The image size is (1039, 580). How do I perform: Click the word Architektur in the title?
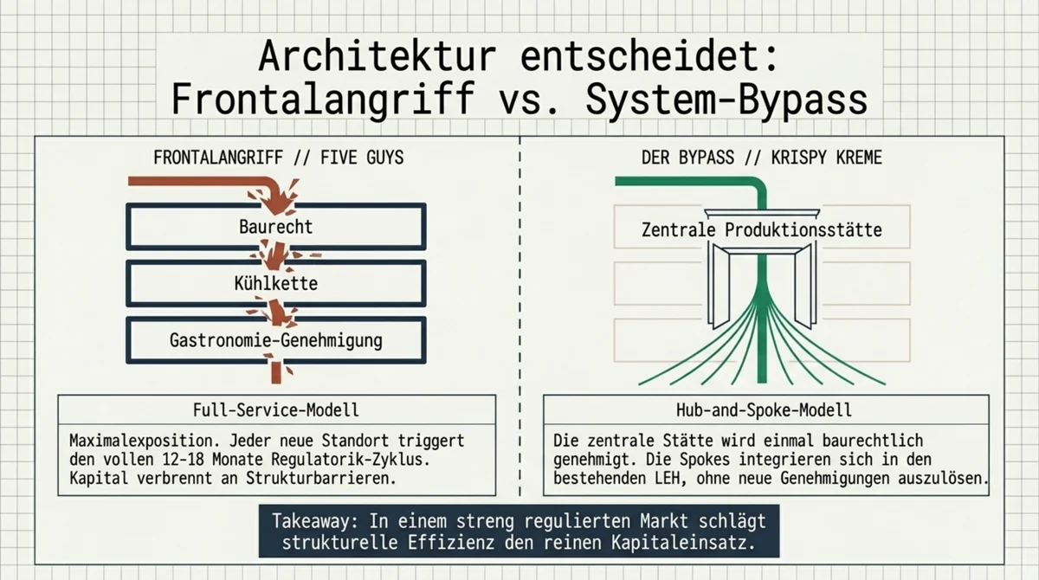(378, 56)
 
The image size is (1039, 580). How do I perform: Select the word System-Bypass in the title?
(726, 100)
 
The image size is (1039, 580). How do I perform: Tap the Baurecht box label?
(276, 227)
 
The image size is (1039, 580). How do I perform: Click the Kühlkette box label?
(276, 283)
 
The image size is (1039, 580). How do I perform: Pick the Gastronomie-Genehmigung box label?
(276, 340)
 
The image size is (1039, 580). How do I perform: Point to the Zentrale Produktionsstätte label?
(762, 230)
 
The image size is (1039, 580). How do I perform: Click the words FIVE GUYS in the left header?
(362, 158)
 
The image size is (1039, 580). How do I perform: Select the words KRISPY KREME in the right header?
(827, 158)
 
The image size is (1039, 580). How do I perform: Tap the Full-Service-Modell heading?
(276, 409)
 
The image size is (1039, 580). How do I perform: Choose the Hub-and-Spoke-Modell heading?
(764, 409)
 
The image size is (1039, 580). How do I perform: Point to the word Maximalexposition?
(145, 440)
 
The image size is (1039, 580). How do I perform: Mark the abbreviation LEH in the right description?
(670, 479)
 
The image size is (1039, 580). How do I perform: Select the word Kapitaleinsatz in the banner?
(683, 543)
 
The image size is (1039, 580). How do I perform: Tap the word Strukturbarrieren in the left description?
(321, 479)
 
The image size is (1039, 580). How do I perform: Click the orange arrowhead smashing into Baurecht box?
(277, 203)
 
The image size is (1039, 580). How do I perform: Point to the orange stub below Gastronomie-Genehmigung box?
(276, 372)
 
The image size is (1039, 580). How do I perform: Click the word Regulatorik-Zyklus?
(351, 460)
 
